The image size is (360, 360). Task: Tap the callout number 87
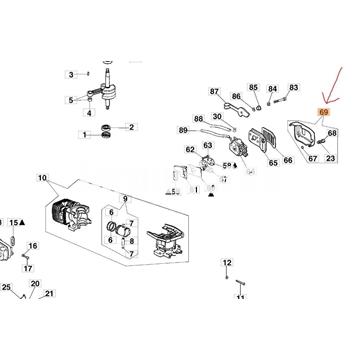click(x=213, y=93)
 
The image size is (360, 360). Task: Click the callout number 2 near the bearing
click(x=130, y=128)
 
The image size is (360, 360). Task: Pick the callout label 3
click(x=70, y=74)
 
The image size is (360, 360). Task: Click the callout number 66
click(x=288, y=158)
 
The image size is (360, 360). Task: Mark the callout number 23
click(x=331, y=158)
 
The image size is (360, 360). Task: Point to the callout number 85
click(x=253, y=88)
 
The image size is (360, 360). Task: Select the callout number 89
click(x=183, y=130)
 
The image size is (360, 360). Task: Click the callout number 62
click(x=192, y=149)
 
